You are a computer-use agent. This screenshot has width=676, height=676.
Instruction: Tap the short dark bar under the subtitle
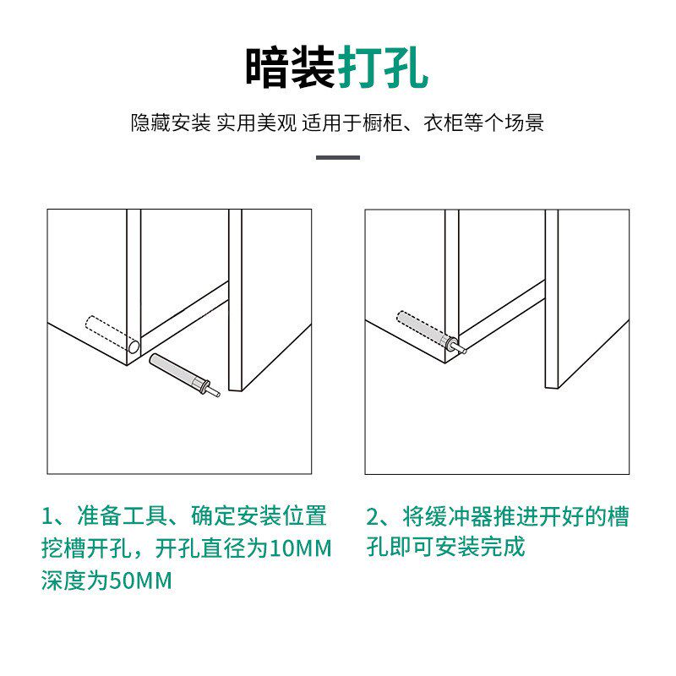click(338, 157)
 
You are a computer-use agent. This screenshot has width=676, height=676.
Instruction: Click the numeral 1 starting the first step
click(48, 515)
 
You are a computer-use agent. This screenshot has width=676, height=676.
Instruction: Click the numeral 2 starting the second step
click(373, 515)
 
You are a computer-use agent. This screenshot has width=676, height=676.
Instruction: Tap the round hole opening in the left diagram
click(134, 346)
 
